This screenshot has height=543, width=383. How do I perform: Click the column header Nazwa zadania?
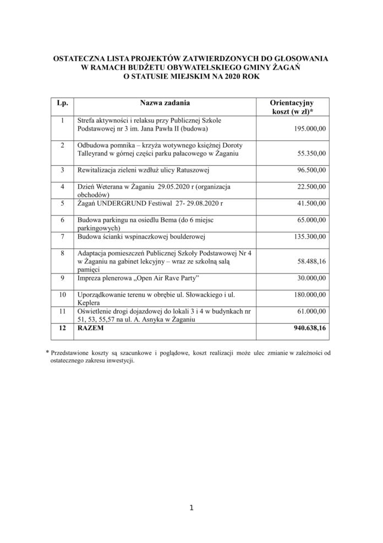point(165,103)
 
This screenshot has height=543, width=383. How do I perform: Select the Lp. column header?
point(62,103)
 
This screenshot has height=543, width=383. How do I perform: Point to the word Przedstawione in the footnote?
point(73,352)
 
